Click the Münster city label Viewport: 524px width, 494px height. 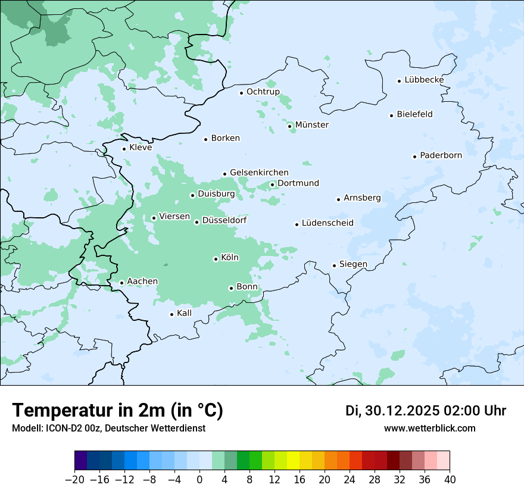(311, 125)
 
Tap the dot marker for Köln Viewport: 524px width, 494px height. (216, 259)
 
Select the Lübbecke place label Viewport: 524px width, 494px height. (424, 80)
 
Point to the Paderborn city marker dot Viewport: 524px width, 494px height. (414, 157)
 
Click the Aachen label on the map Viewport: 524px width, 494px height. (142, 282)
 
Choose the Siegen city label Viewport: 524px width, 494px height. (353, 264)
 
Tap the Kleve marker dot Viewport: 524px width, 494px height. (124, 149)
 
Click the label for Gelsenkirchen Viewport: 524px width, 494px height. (259, 173)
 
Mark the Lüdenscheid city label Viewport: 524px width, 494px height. (327, 223)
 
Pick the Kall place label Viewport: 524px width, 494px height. (185, 313)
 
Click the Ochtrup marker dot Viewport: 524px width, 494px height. (241, 93)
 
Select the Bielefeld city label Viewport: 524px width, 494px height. (414, 114)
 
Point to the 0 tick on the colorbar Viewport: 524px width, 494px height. (199, 479)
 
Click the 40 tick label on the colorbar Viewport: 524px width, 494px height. (450, 479)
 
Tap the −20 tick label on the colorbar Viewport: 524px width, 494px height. (74, 479)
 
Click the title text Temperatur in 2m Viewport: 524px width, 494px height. (117, 410)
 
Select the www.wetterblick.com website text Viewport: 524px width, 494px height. (429, 429)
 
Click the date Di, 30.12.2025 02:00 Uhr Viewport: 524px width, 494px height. (425, 411)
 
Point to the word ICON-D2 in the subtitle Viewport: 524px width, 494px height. (65, 429)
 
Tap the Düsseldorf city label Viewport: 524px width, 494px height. (224, 221)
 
